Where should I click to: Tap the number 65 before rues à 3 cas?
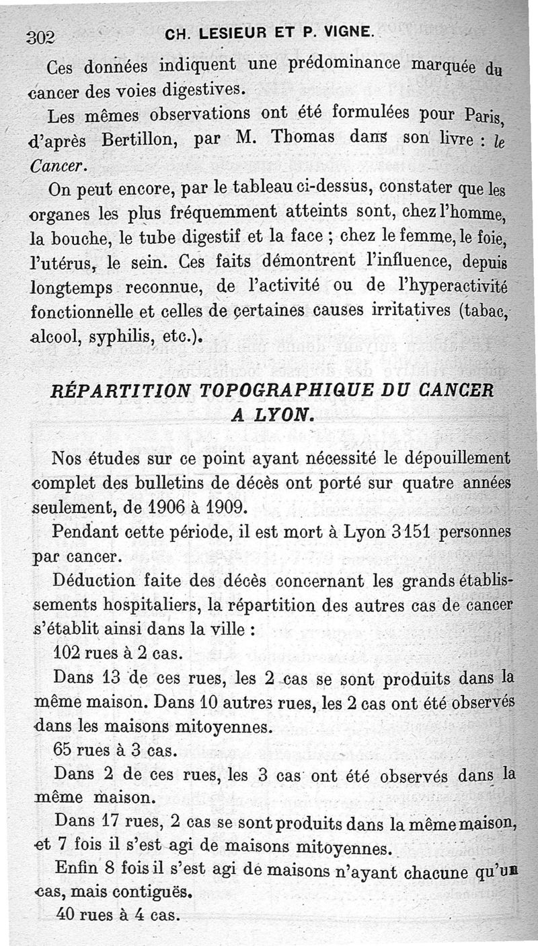63,750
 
